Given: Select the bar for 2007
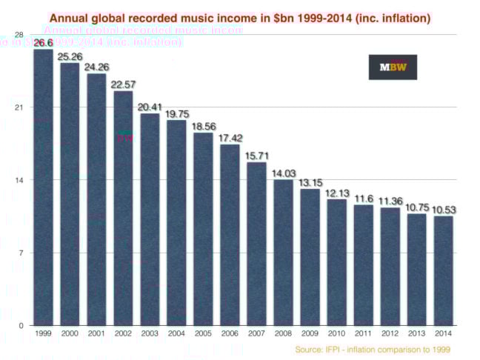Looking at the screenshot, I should (256, 244).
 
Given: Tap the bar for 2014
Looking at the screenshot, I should (443, 270).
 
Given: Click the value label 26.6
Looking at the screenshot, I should (43, 43).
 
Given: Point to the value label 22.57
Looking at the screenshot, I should (123, 84).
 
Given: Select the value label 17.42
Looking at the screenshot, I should (230, 138).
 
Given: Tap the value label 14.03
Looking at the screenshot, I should (283, 173).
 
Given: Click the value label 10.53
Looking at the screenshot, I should (443, 210).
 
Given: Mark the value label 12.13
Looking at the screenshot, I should (336, 193).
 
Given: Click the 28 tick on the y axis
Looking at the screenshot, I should (19, 35).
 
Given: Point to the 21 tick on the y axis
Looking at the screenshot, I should (19, 107).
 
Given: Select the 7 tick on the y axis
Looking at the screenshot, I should (21, 253).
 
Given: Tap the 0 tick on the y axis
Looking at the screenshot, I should (21, 325).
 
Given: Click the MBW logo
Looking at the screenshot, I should (393, 67).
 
